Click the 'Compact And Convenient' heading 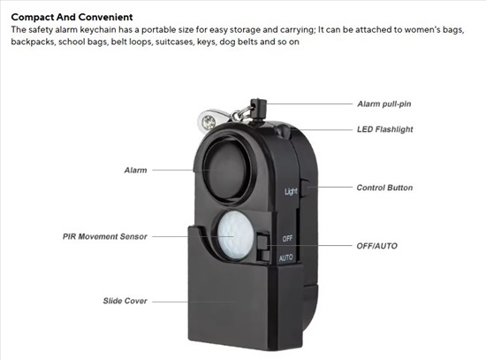pos(72,17)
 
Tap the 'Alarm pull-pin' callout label pos(384,104)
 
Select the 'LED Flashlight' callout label pos(384,129)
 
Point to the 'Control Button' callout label pos(384,188)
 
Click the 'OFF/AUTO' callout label pos(377,246)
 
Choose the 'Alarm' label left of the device pos(135,170)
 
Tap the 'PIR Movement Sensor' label pos(105,236)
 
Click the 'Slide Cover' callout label pos(125,301)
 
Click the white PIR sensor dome pos(235,235)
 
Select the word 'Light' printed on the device pos(291,191)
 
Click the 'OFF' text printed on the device pos(287,238)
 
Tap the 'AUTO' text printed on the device pos(285,257)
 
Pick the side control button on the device pos(306,188)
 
